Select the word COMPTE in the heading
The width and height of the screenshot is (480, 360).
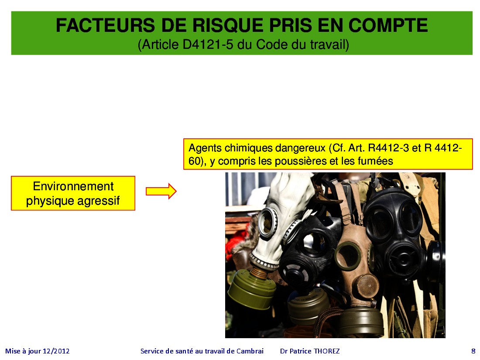tap(388, 25)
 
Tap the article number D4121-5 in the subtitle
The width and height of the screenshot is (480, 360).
tap(208, 45)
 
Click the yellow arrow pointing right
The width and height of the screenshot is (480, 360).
tap(161, 191)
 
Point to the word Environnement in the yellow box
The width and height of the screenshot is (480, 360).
tap(73, 186)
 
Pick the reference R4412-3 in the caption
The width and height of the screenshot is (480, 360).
tap(388, 148)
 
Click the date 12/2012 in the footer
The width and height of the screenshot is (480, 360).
tap(56, 351)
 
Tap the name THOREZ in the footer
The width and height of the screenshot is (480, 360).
tap(327, 351)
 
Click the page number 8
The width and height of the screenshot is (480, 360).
tap(473, 351)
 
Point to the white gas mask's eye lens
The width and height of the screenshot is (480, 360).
tap(267, 222)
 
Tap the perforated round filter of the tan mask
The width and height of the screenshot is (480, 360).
tap(367, 286)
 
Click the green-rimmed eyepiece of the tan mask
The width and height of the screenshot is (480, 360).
tap(348, 256)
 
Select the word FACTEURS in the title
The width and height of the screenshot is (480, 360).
tap(105, 25)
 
